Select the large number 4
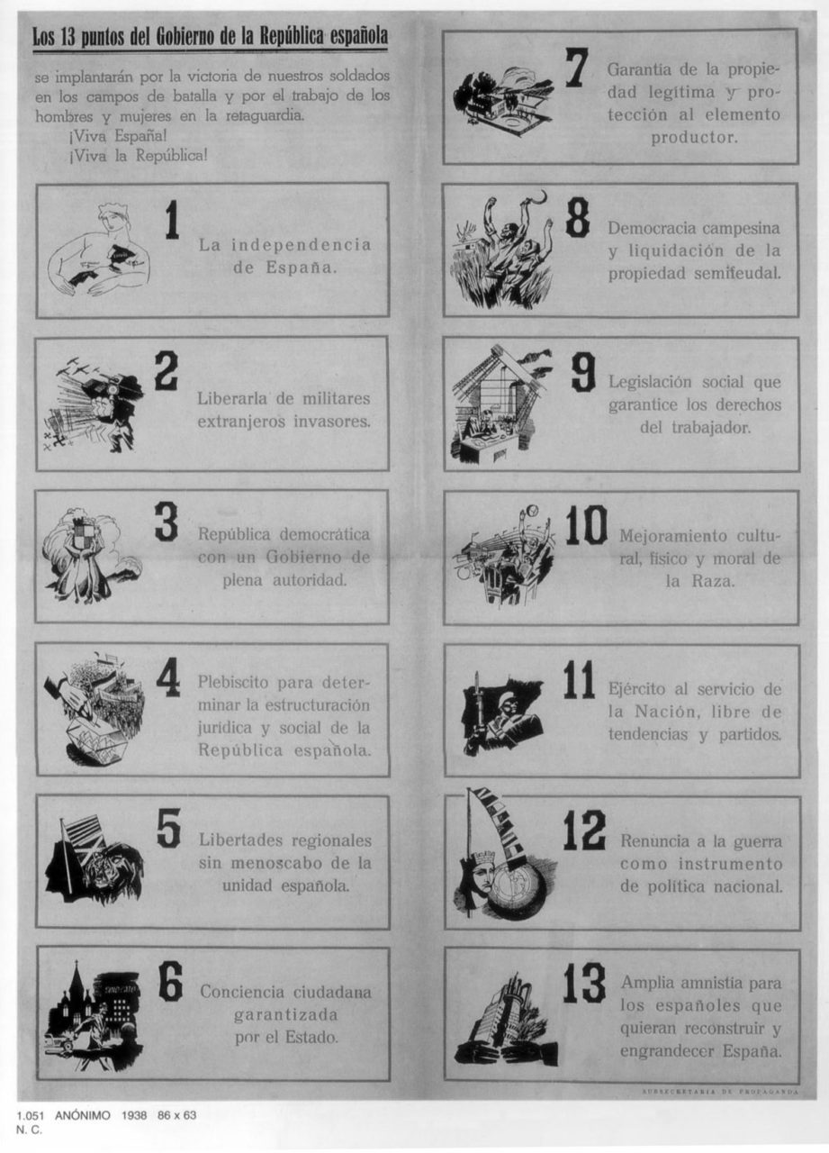(x=168, y=677)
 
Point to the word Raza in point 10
(x=712, y=582)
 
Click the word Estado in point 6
(x=311, y=1036)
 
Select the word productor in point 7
(x=694, y=138)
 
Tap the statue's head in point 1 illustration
(x=114, y=222)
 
